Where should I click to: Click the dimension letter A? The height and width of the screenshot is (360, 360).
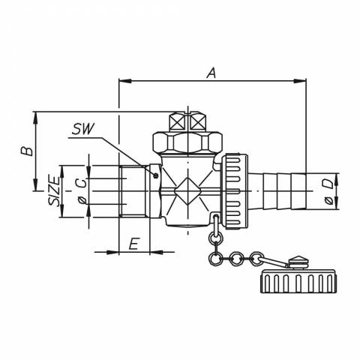click(211, 73)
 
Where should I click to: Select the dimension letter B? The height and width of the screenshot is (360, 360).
click(27, 151)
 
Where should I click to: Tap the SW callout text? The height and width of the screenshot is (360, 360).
click(83, 129)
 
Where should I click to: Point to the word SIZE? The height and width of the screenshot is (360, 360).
click(55, 191)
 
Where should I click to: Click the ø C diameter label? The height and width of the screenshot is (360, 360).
click(82, 191)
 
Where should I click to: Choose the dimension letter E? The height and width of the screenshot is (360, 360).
click(133, 244)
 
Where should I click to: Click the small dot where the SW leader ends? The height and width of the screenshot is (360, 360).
click(156, 175)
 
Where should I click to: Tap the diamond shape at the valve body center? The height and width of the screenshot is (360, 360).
click(187, 191)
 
